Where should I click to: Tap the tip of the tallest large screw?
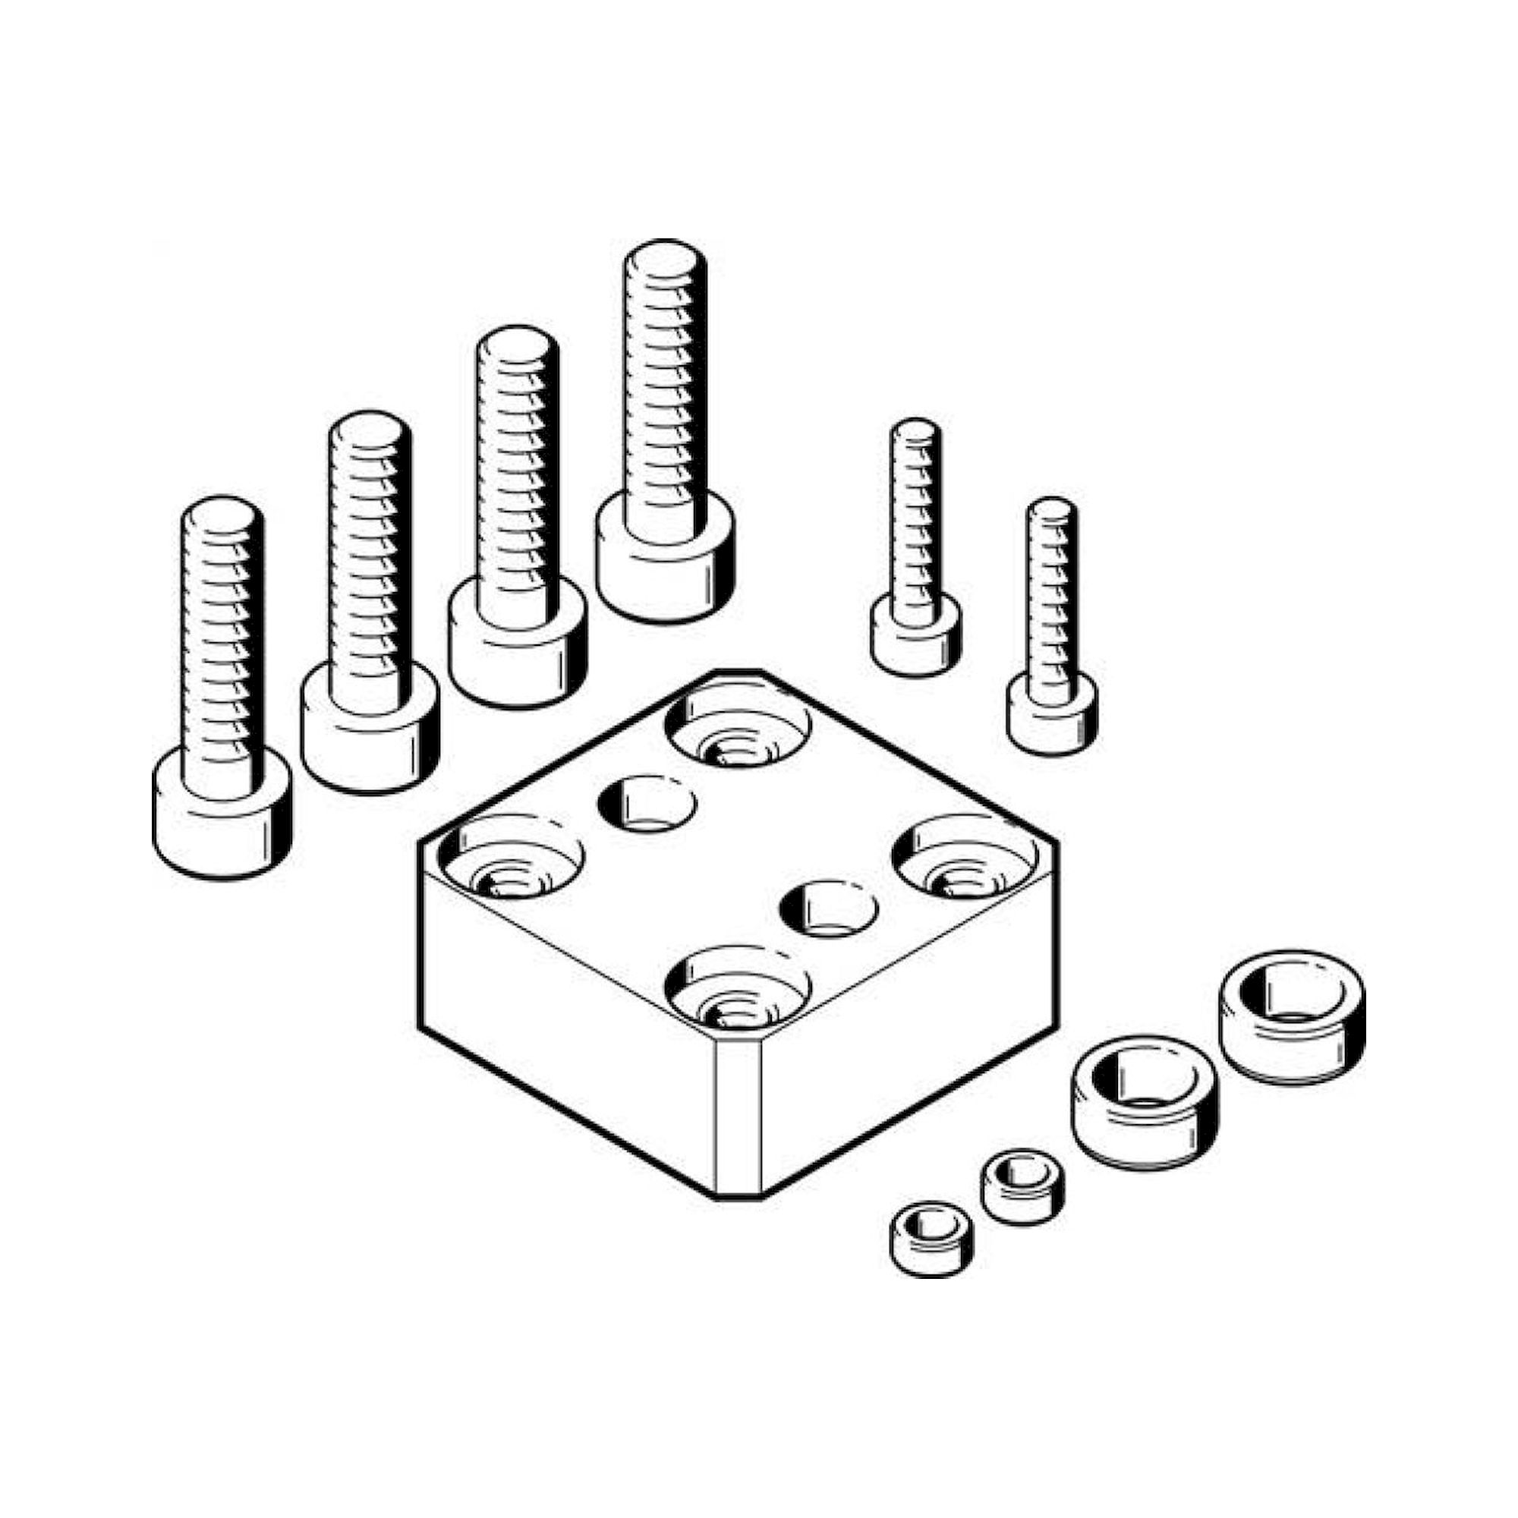(664, 260)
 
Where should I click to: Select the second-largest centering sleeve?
(1145, 1098)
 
